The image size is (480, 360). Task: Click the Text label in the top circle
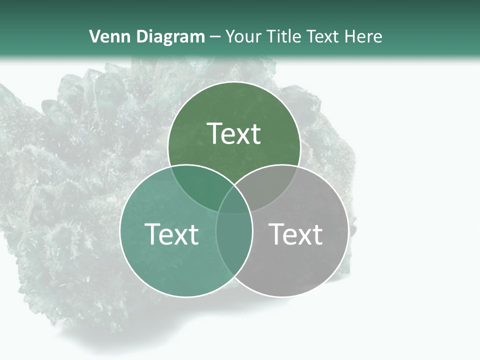[234, 133]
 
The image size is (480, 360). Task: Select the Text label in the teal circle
[171, 234]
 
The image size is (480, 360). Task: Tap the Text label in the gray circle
[295, 234]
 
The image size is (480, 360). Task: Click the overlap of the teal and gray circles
[234, 240]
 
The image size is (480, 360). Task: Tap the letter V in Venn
[94, 36]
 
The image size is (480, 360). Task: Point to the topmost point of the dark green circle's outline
[234, 81]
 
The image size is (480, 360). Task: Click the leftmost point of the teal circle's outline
[120, 231]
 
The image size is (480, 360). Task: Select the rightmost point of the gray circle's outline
[348, 231]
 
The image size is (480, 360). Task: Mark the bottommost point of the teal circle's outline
[186, 297]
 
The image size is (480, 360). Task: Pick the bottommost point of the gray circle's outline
[282, 297]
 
